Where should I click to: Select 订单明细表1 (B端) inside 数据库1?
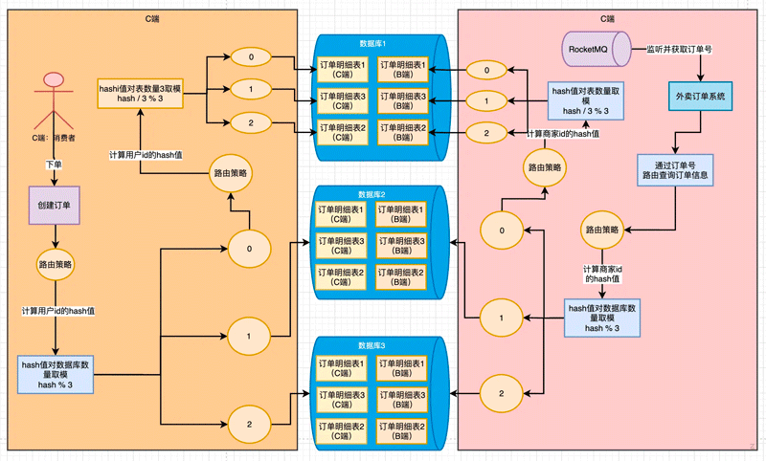[402, 70]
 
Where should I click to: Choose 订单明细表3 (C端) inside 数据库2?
[342, 246]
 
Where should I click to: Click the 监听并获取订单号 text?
[684, 47]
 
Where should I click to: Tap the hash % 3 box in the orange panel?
[55, 374]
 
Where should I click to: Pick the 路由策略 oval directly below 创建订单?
[55, 263]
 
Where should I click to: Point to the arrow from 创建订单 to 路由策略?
[55, 235]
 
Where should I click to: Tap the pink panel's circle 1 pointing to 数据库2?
[494, 316]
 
